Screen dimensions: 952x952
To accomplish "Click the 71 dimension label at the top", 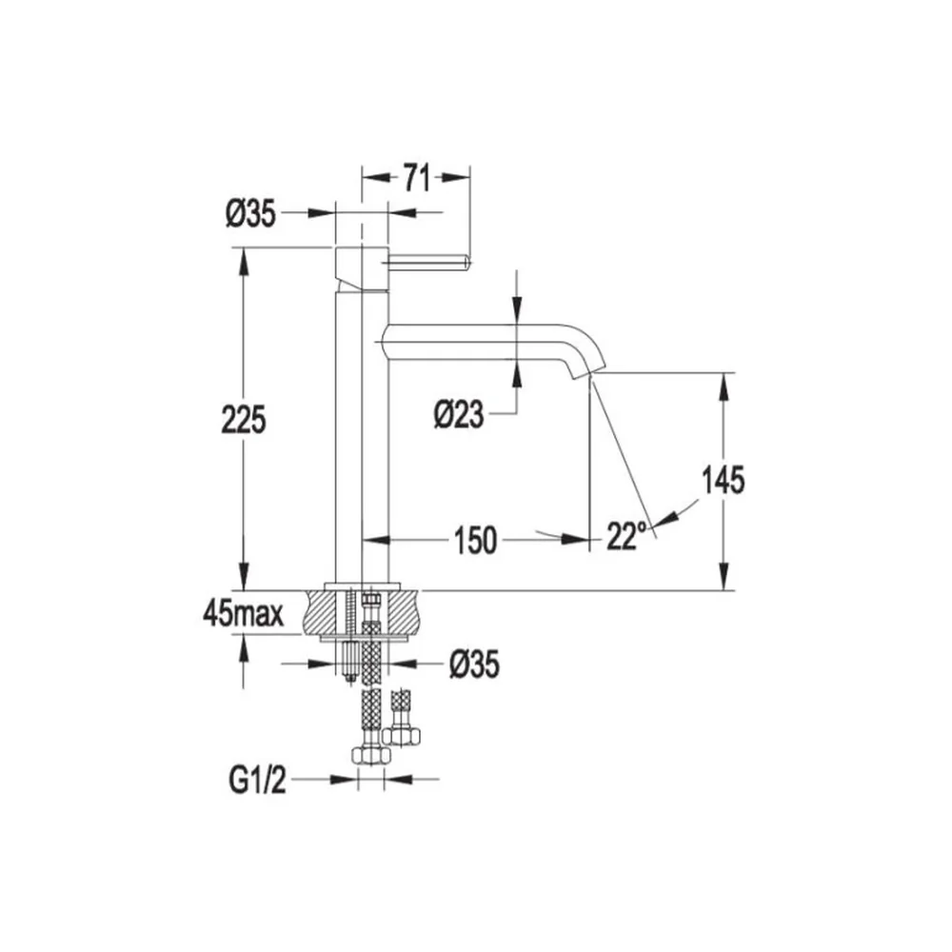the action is coord(417,178).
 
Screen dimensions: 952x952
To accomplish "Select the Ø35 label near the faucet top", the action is coord(250,213).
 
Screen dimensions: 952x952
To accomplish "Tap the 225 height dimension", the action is coord(244,420).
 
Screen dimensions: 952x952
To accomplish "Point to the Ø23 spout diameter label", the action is coord(459,415).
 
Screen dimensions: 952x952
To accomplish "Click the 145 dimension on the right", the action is coord(724,480).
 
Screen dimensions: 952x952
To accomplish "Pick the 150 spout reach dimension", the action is coord(475,541).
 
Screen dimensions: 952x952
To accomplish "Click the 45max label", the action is coord(244,614).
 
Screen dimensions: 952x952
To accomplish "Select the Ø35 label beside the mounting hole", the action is coord(474,664).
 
